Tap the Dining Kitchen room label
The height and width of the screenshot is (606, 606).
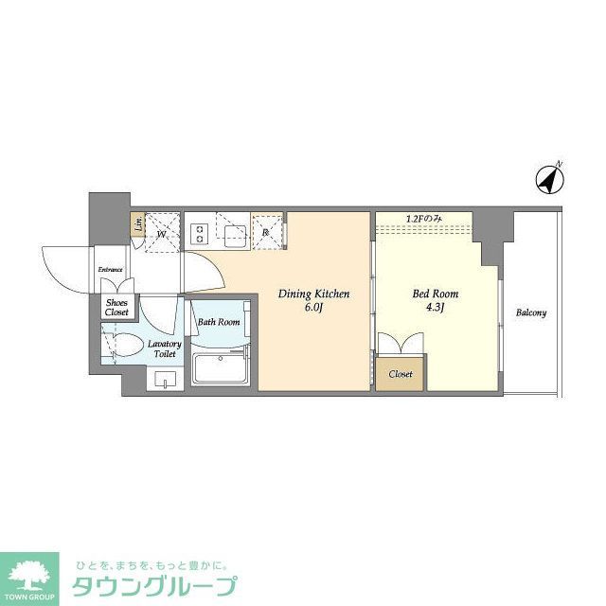tap(313, 294)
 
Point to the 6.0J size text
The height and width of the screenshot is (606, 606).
tap(313, 308)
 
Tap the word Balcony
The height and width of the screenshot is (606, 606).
tap(530, 313)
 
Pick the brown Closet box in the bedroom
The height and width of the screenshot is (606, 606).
tap(401, 374)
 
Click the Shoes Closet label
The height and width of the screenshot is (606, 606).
tap(116, 307)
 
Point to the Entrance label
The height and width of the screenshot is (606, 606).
tap(111, 270)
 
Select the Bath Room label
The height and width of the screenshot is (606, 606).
tap(219, 322)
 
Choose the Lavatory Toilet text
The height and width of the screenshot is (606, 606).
tap(165, 349)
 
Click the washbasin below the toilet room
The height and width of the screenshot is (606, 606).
tap(165, 381)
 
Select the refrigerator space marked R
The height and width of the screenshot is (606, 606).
tap(267, 230)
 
